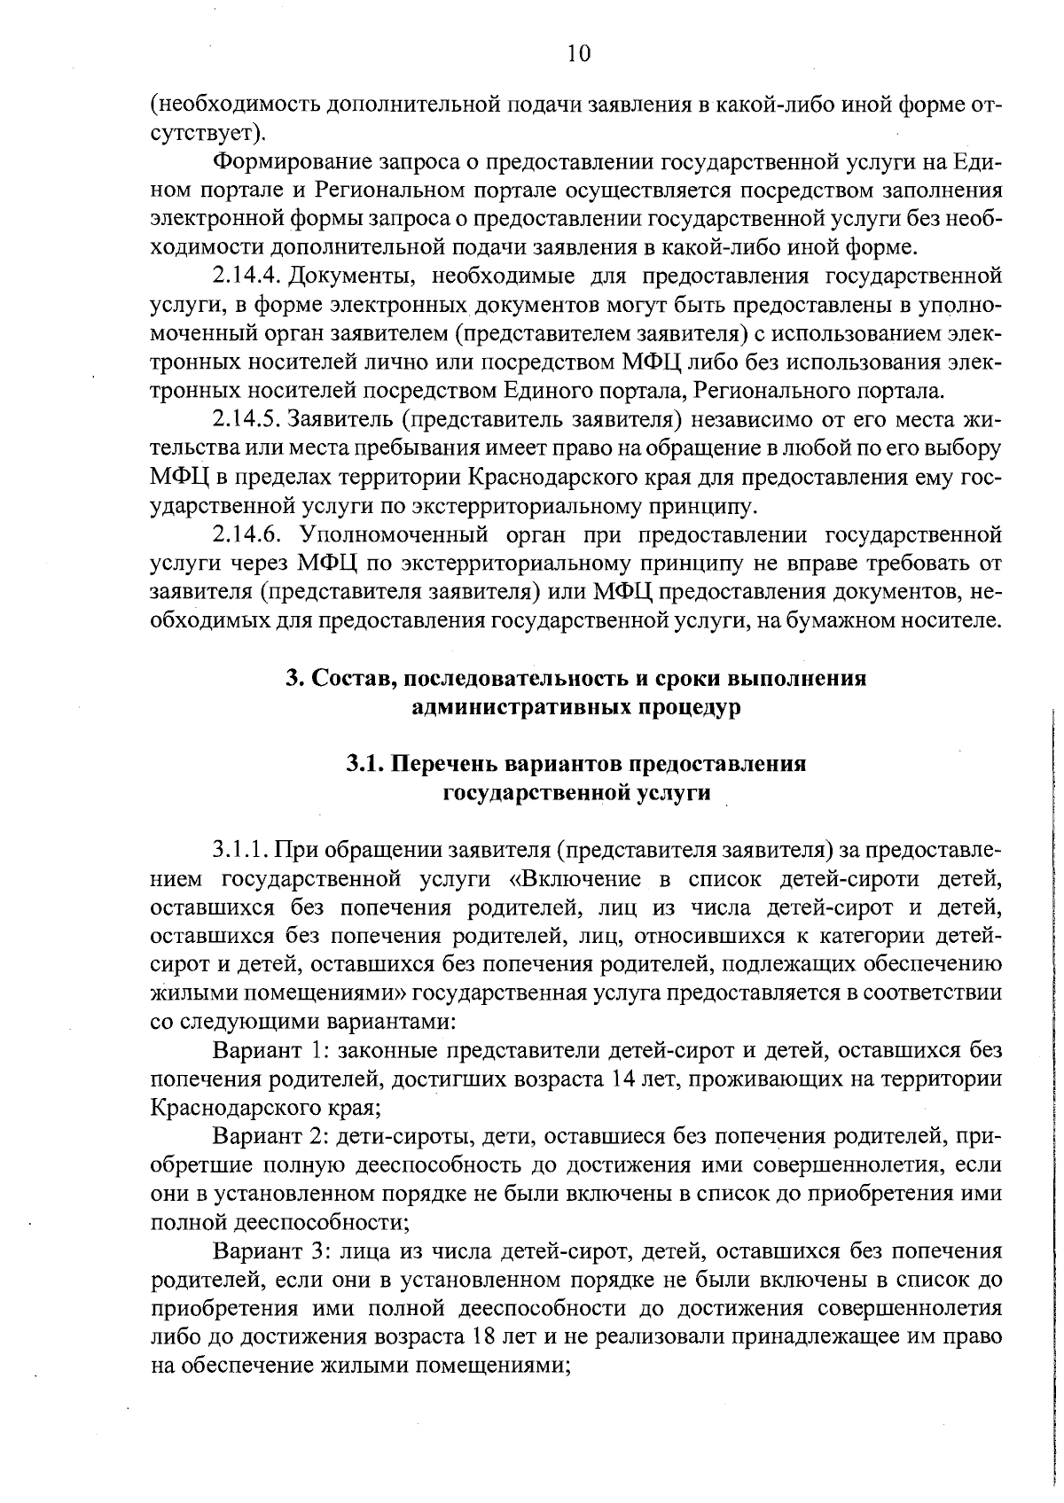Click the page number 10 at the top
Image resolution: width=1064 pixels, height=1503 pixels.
click(577, 54)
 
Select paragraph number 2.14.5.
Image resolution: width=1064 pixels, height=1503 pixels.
click(246, 419)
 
